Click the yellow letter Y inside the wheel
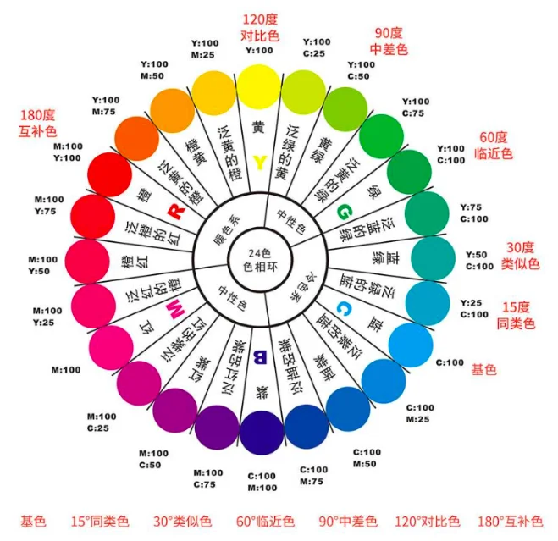260,163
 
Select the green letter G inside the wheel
344,211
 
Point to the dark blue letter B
261,356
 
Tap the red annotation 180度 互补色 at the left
37,124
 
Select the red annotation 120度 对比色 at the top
260,28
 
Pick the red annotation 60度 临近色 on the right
494,145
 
